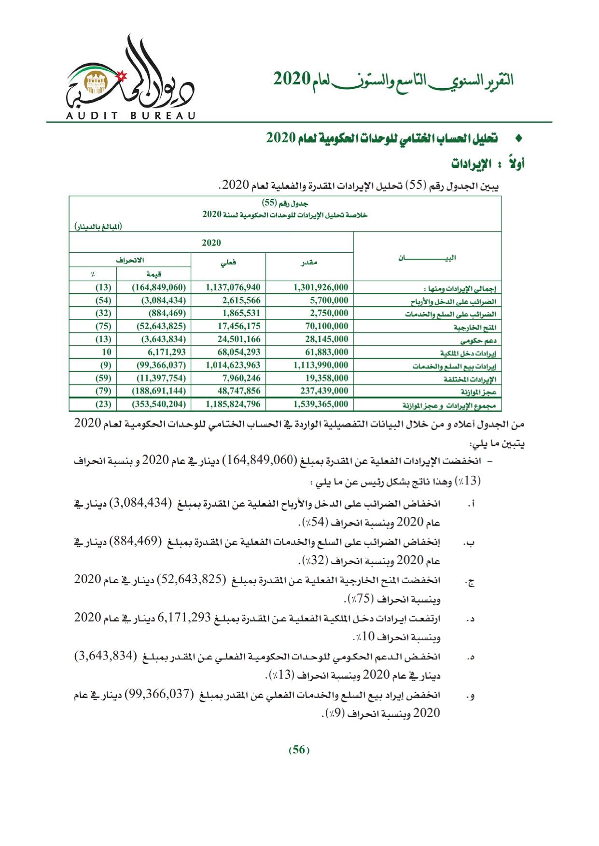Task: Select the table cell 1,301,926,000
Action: pyautogui.click(x=320, y=287)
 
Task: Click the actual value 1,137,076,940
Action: pyautogui.click(x=233, y=287)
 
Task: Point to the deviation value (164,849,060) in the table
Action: pyautogui.click(x=159, y=287)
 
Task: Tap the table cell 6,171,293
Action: pyautogui.click(x=163, y=352)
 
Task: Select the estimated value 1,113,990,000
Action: pyautogui.click(x=320, y=365)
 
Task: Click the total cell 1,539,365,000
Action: pyautogui.click(x=320, y=404)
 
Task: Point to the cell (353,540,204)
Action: pyautogui.click(x=159, y=404)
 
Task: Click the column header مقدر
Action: pyautogui.click(x=309, y=262)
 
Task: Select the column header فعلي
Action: pyautogui.click(x=228, y=262)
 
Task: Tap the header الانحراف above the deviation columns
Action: pyautogui.click(x=130, y=260)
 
